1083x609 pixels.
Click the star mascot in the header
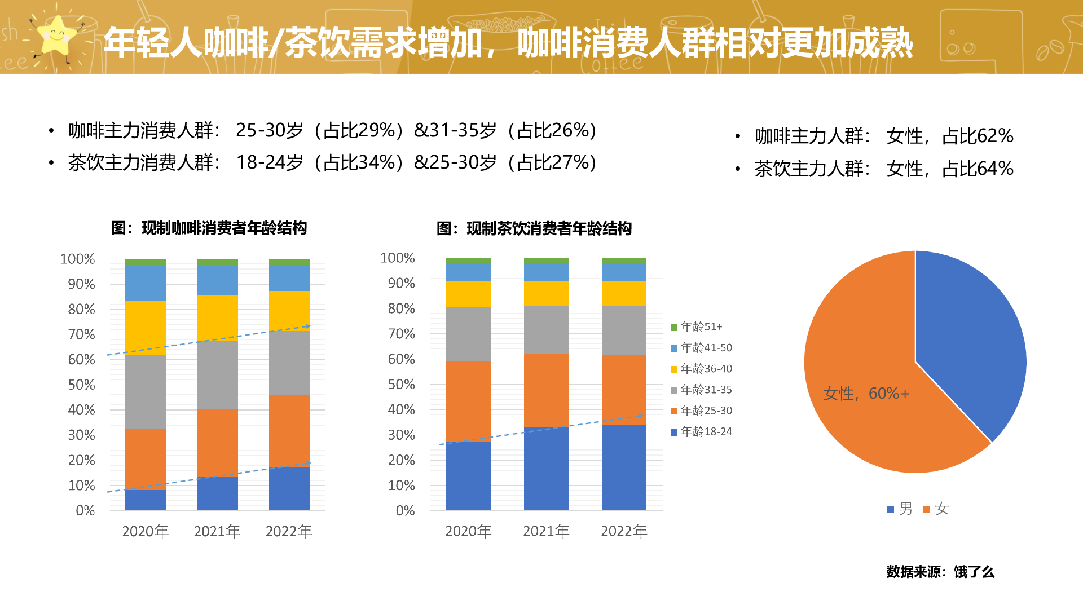click(x=56, y=36)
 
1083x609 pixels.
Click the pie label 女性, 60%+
click(x=866, y=394)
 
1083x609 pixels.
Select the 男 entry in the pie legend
click(x=899, y=509)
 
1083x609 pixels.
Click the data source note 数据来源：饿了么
click(x=940, y=572)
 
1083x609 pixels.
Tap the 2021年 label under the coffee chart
click(x=217, y=531)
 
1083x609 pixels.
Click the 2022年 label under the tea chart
click(x=624, y=531)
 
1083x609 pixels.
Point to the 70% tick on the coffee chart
click(x=82, y=334)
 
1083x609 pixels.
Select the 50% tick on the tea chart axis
click(x=402, y=385)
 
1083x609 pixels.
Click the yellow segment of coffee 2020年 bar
click(x=146, y=328)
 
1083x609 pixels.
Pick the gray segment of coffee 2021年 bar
click(x=217, y=375)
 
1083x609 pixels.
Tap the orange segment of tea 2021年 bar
click(x=546, y=390)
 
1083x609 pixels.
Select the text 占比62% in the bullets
click(x=978, y=136)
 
